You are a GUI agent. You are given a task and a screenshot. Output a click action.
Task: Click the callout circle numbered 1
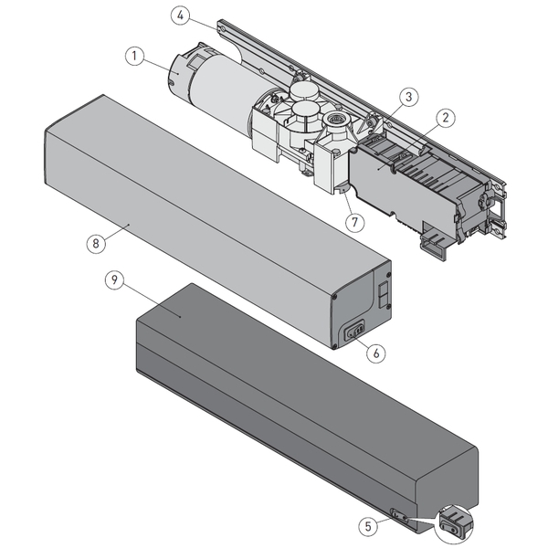(x=134, y=57)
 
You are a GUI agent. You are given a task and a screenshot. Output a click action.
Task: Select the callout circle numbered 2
(x=446, y=117)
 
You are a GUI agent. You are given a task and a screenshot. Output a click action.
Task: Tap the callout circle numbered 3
(x=407, y=96)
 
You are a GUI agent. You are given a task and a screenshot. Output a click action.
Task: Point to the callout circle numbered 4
(x=181, y=15)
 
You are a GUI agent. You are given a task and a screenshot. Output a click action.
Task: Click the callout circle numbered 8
(x=94, y=244)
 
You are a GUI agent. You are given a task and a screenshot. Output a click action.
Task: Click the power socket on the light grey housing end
(x=353, y=332)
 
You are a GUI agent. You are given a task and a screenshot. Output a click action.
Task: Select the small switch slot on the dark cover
(x=400, y=515)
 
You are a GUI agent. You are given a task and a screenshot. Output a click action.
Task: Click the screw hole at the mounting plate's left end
(x=222, y=28)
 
